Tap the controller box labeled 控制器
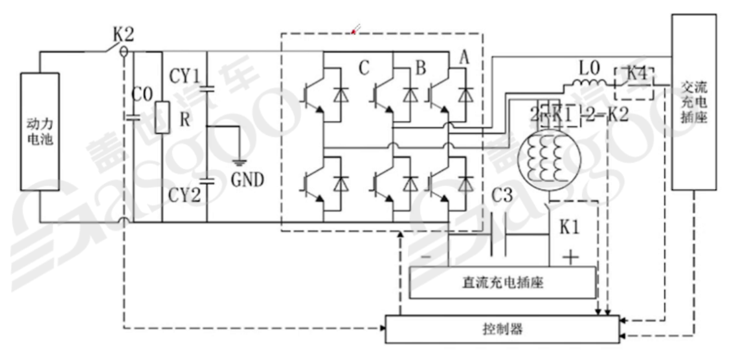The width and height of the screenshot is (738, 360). click(502, 329)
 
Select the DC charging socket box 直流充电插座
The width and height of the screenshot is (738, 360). click(502, 283)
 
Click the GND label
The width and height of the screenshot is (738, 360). click(248, 180)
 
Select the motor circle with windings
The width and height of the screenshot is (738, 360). click(548, 156)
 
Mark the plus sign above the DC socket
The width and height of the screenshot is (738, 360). click(570, 257)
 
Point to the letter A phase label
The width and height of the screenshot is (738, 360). click(464, 58)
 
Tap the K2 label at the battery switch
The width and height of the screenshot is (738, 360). click(126, 32)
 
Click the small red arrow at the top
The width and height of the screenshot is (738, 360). click(355, 28)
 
